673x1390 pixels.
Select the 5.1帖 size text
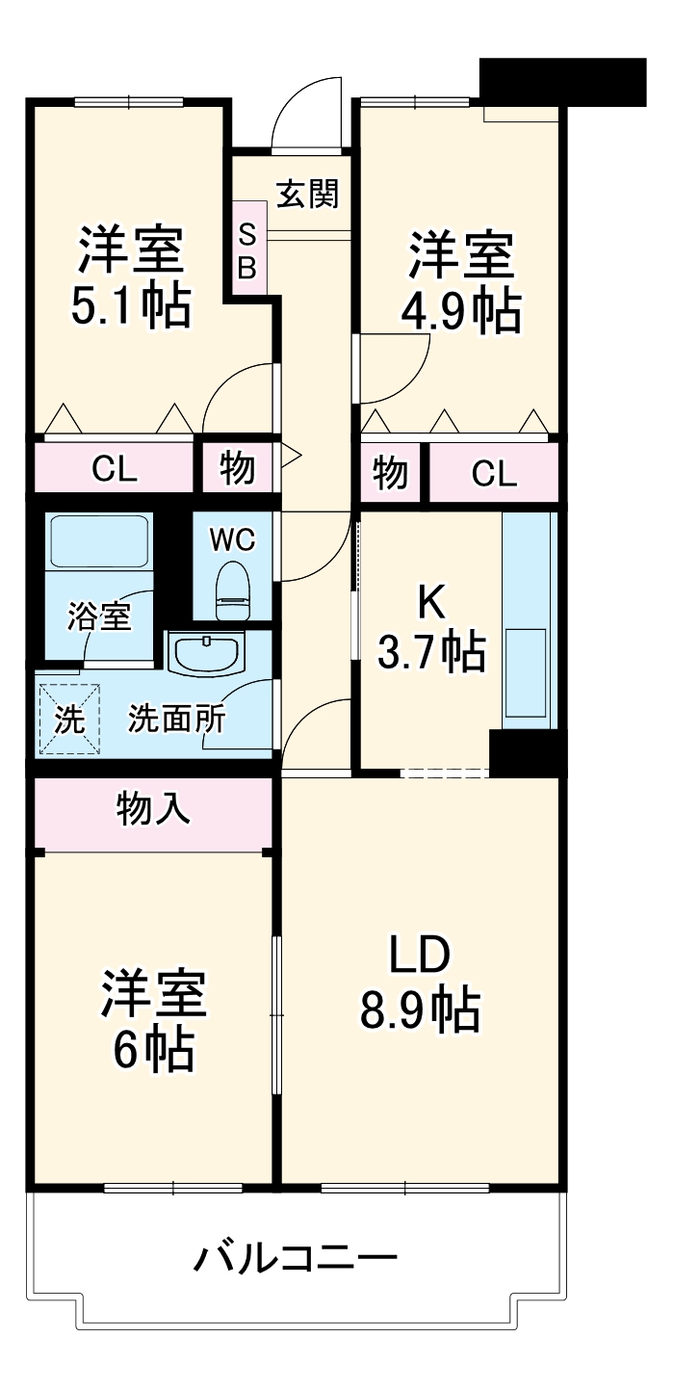[x=130, y=306]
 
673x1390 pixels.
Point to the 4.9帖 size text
[x=461, y=310]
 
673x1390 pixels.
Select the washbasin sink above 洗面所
[x=205, y=652]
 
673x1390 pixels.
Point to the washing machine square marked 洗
[x=68, y=719]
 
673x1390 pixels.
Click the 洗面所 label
[x=177, y=719]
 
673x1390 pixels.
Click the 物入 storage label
[x=154, y=810]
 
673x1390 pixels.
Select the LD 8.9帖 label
[x=420, y=983]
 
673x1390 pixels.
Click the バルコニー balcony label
[x=296, y=1258]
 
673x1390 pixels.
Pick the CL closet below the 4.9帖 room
[x=494, y=473]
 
